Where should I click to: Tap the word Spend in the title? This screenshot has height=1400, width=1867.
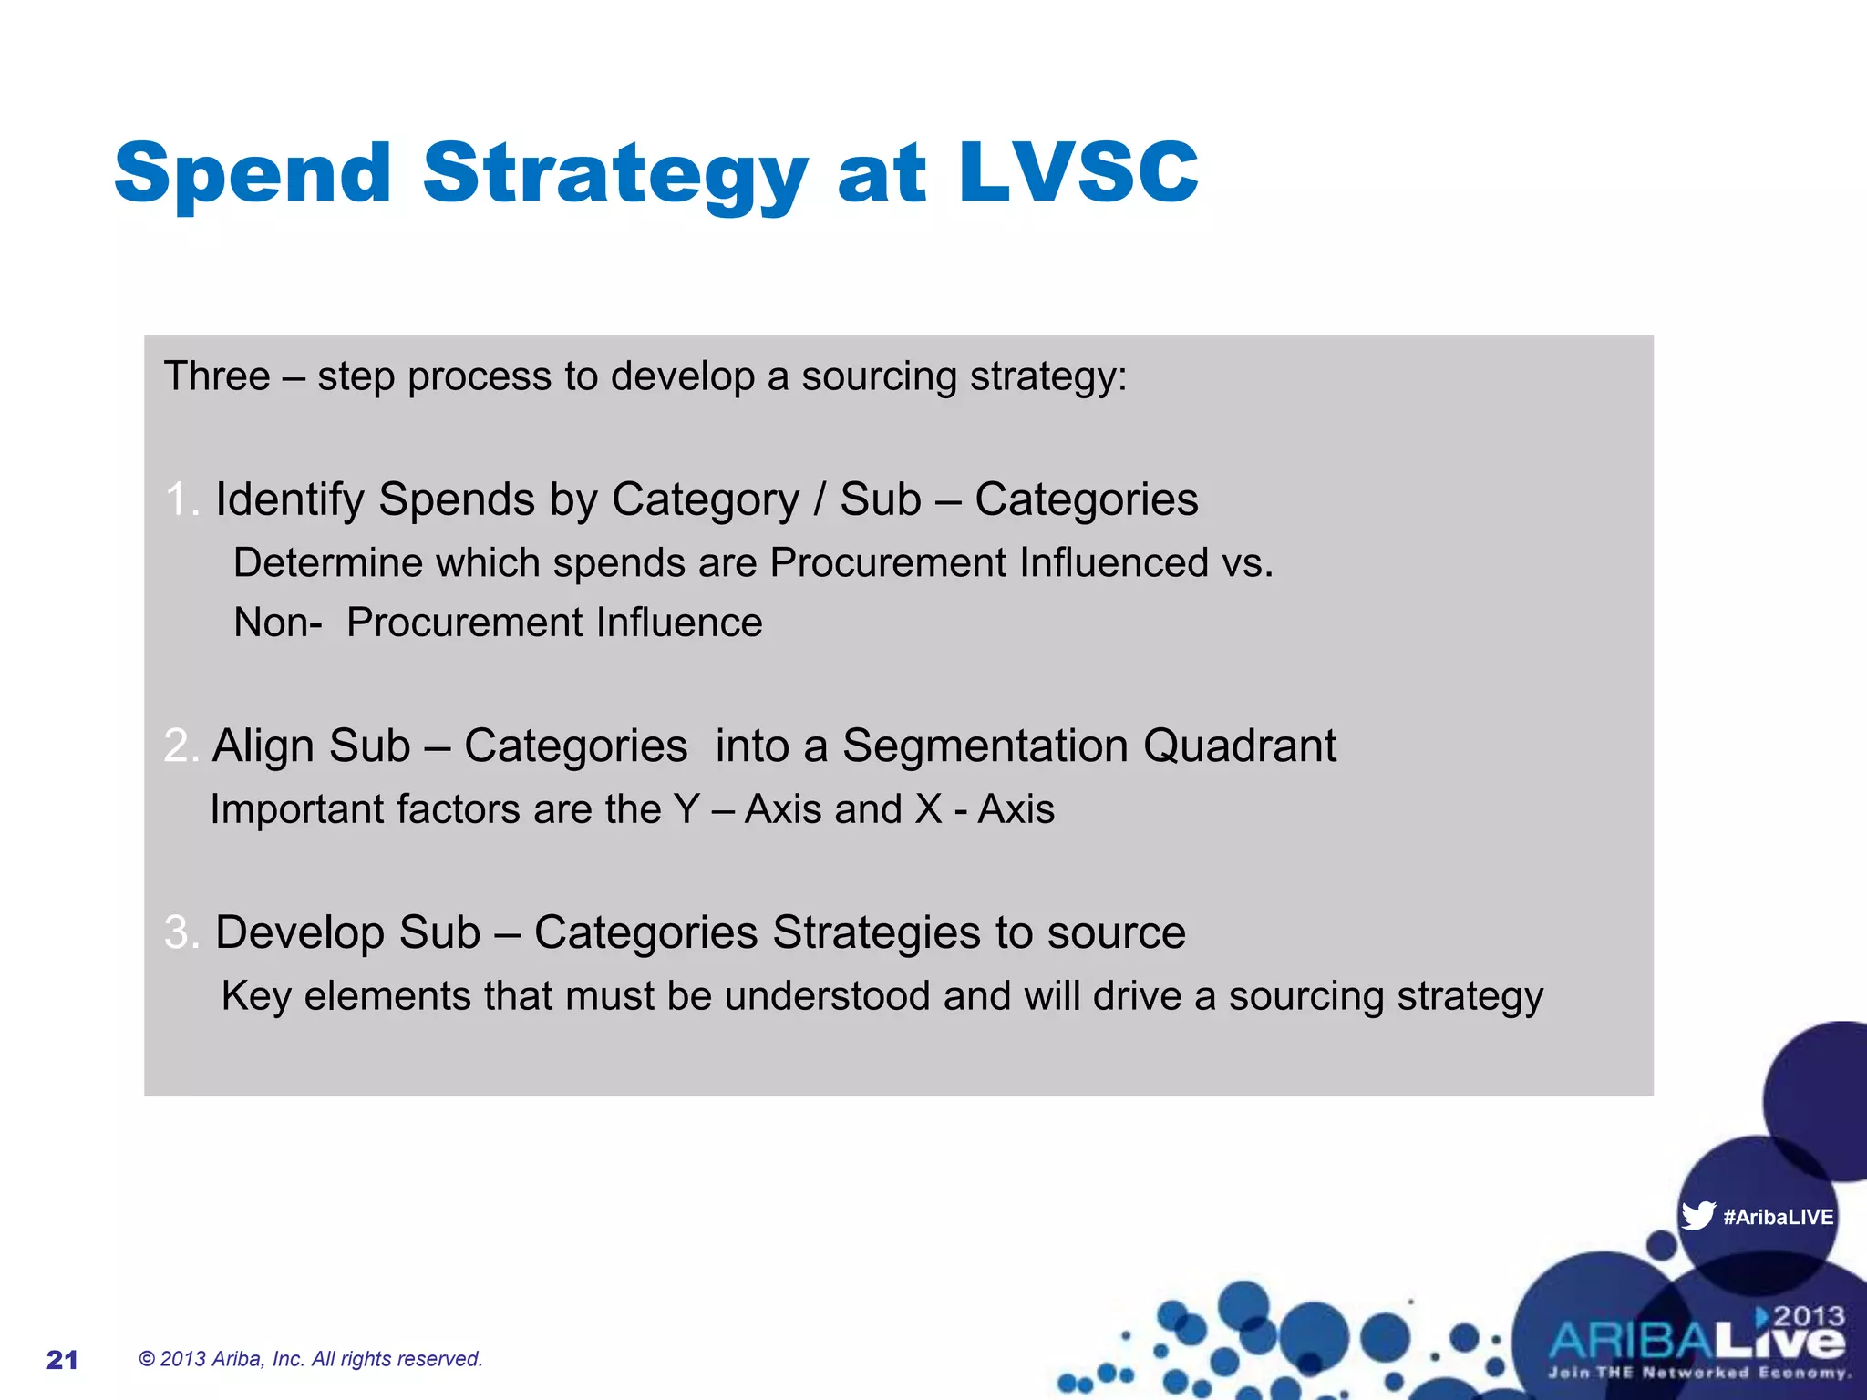(253, 173)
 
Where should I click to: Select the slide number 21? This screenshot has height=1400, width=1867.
(62, 1360)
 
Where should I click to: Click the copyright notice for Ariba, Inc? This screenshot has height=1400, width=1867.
(310, 1359)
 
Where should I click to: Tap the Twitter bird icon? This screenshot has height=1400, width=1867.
(1697, 1215)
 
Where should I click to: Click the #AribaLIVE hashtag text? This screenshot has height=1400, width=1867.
(1778, 1217)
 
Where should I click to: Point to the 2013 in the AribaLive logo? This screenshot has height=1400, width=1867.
(1808, 1316)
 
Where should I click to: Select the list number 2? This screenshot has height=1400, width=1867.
(179, 746)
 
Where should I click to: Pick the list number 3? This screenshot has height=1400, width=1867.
(180, 932)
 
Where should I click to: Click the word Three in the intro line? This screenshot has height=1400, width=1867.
(217, 376)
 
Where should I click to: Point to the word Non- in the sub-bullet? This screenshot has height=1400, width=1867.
(277, 623)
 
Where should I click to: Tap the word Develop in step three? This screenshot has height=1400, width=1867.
(301, 932)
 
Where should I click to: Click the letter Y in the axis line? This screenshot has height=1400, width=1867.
(686, 808)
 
